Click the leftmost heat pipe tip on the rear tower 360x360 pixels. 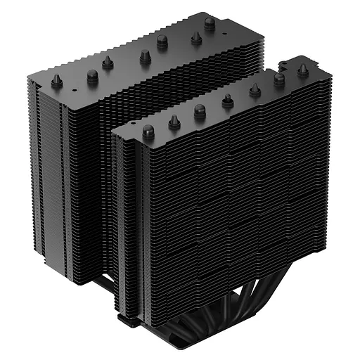click(57, 82)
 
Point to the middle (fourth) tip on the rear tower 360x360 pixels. click(145, 56)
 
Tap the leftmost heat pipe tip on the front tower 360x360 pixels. click(148, 131)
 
